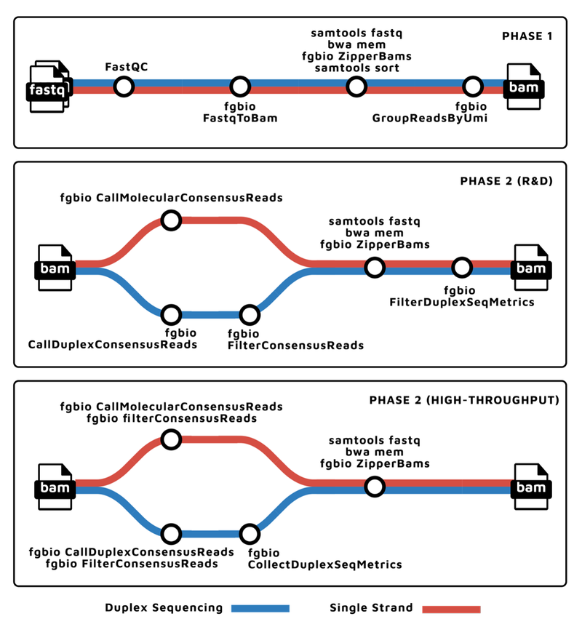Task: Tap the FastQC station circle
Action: tap(124, 87)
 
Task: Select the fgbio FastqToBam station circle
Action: tap(241, 87)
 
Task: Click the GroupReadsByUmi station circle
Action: tap(473, 87)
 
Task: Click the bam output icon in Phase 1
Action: tap(524, 87)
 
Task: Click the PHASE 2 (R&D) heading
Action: tap(506, 181)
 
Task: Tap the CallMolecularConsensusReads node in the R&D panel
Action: tap(171, 220)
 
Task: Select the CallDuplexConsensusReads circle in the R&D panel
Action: tap(171, 315)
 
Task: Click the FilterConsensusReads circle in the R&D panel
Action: tap(250, 315)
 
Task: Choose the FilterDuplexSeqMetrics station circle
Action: tap(461, 268)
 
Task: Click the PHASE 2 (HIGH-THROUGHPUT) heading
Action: tap(464, 400)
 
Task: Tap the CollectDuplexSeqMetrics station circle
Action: tap(250, 534)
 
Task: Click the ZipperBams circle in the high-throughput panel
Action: tap(375, 487)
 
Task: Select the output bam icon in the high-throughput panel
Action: tap(530, 487)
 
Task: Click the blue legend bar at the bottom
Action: tap(260, 609)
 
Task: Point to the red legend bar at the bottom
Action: tap(451, 609)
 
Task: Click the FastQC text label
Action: tap(127, 68)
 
